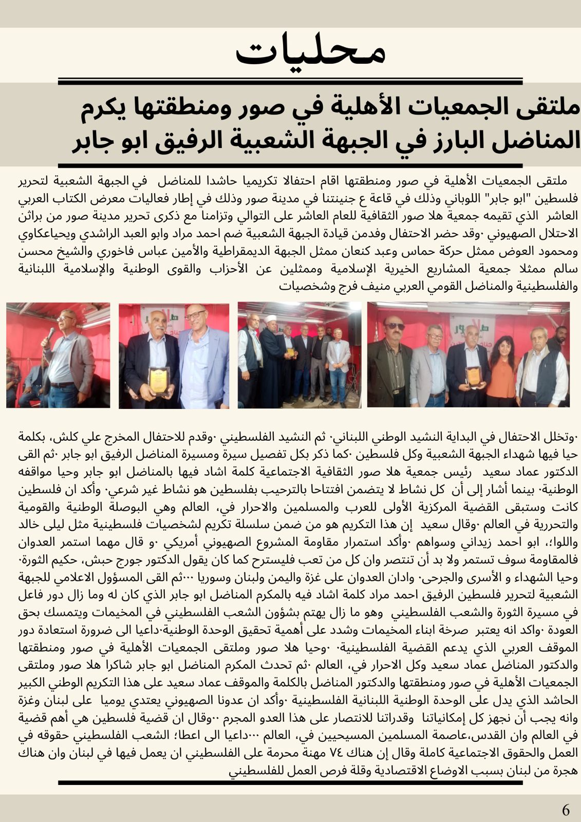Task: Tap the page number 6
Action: [x=566, y=810]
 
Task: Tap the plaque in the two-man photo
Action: [x=159, y=381]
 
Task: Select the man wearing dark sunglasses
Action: [x=391, y=360]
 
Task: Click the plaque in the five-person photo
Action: [x=473, y=376]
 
